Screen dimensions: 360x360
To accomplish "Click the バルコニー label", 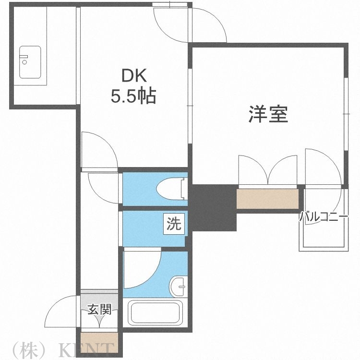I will pyautogui.click(x=324, y=217).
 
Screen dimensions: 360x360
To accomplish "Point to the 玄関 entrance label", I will pyautogui.click(x=99, y=310).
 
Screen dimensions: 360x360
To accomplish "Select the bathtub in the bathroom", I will pyautogui.click(x=154, y=312).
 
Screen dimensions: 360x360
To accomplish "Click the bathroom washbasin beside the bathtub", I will pyautogui.click(x=178, y=287).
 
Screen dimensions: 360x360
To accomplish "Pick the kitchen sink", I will pyautogui.click(x=30, y=61).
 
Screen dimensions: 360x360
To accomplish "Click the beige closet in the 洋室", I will pyautogui.click(x=267, y=198).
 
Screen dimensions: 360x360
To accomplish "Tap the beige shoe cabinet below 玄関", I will pyautogui.click(x=99, y=338).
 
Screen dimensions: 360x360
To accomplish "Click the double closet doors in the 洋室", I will pyautogui.click(x=268, y=170).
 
